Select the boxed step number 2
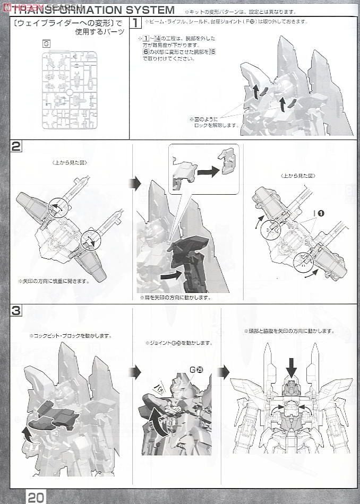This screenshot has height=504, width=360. click(x=16, y=147)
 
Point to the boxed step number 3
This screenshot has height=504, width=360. click(x=16, y=311)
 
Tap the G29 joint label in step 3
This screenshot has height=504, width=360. click(x=196, y=369)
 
